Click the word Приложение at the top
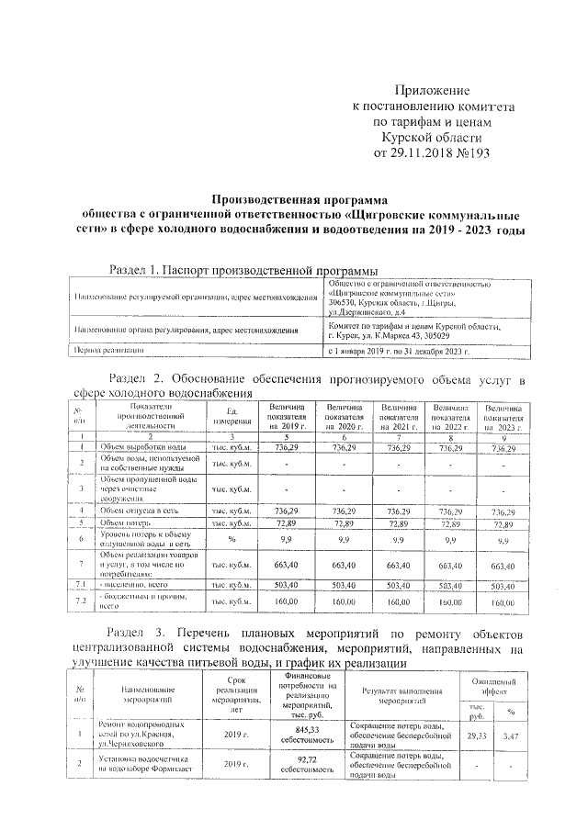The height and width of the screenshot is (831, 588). [432, 91]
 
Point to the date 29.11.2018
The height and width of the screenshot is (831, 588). [424, 152]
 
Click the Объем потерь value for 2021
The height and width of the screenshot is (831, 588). [399, 523]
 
